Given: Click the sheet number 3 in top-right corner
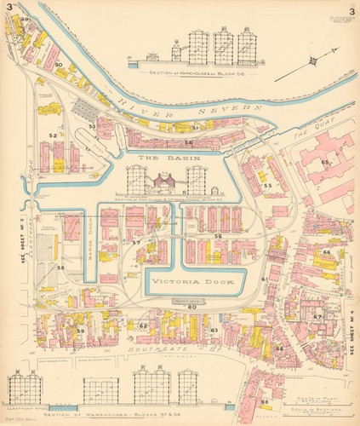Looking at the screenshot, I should pyautogui.click(x=349, y=12).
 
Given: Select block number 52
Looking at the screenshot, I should pyautogui.click(x=53, y=135).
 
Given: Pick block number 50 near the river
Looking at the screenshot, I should pyautogui.click(x=58, y=65).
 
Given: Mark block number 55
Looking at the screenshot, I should pyautogui.click(x=267, y=185).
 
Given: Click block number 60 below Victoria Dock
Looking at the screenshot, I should pyautogui.click(x=191, y=307).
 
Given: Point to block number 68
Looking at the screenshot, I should pyautogui.click(x=265, y=402).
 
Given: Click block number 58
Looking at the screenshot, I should pyautogui.click(x=60, y=268).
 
